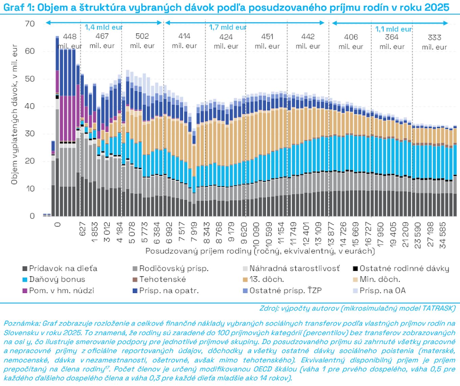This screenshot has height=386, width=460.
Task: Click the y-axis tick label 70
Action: tap(30, 24)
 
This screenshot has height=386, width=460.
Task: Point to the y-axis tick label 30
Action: tap(30, 134)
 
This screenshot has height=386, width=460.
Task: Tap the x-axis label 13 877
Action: tap(331, 234)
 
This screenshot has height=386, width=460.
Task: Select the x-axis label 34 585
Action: tap(442, 235)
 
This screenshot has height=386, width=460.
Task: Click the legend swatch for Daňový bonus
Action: tap(25, 280)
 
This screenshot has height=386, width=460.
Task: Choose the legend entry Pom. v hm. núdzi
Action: tap(61, 291)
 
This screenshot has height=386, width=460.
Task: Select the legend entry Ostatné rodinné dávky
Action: tap(404, 269)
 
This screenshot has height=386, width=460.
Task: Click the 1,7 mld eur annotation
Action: tap(228, 27)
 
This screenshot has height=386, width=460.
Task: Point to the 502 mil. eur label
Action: tap(142, 41)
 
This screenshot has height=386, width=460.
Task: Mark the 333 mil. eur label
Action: tap(434, 42)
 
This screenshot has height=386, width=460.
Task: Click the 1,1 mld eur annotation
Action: tap(394, 29)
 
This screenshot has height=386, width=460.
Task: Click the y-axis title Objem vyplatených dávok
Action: tap(14, 115)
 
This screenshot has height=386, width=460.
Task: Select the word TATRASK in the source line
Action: tap(438, 308)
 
